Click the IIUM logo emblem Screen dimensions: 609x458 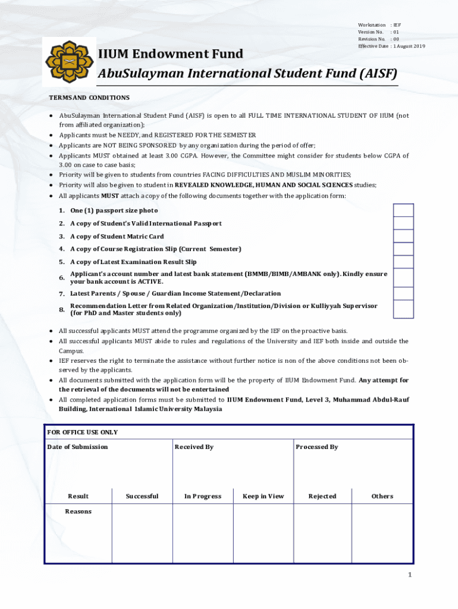[x=70, y=61]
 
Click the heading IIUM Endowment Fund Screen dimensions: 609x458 [x=170, y=54]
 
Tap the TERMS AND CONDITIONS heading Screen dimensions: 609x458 [x=89, y=98]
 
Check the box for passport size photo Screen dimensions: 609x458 [x=403, y=211]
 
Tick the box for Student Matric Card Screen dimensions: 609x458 [x=403, y=236]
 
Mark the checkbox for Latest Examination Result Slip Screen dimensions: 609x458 [x=403, y=262]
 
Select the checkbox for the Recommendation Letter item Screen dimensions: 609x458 [x=403, y=309]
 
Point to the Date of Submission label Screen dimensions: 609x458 [x=78, y=447]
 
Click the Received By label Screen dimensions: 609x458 [x=194, y=447]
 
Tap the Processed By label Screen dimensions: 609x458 [x=317, y=447]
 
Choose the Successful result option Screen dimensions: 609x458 [x=142, y=496]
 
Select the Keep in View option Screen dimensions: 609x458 [x=263, y=496]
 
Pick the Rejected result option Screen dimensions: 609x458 [x=322, y=496]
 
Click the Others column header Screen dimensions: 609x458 [x=382, y=496]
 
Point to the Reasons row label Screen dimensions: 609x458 [x=79, y=511]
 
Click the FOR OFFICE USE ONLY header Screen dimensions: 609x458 [x=83, y=432]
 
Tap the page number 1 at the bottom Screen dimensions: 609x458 [x=409, y=575]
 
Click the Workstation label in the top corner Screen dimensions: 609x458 [x=372, y=25]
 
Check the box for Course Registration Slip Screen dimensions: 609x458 [x=403, y=249]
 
